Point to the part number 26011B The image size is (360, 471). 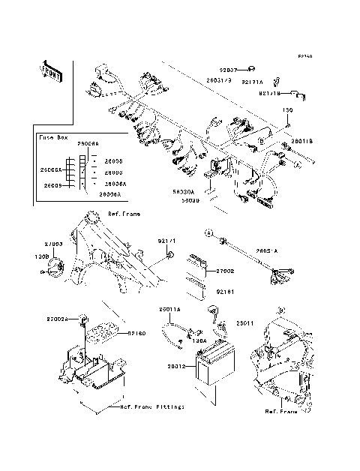click(301, 140)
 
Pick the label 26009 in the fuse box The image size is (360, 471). click(52, 184)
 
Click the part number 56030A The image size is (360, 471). click(184, 192)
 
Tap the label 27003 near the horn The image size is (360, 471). click(54, 244)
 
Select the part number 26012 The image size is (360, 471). click(178, 367)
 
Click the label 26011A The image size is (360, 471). click(170, 308)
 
